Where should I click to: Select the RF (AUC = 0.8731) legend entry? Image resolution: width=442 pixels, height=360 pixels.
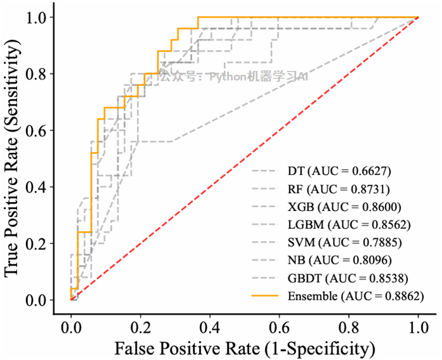(x=339, y=189)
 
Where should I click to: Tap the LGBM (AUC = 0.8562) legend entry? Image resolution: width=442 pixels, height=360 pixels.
(x=349, y=224)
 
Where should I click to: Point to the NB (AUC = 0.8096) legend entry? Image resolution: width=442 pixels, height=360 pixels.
(x=339, y=260)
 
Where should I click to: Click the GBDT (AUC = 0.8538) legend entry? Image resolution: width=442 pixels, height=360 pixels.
(x=348, y=278)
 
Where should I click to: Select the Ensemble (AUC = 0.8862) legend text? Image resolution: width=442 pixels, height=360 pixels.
(x=355, y=295)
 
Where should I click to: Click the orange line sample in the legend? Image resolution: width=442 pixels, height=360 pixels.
(x=266, y=295)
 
